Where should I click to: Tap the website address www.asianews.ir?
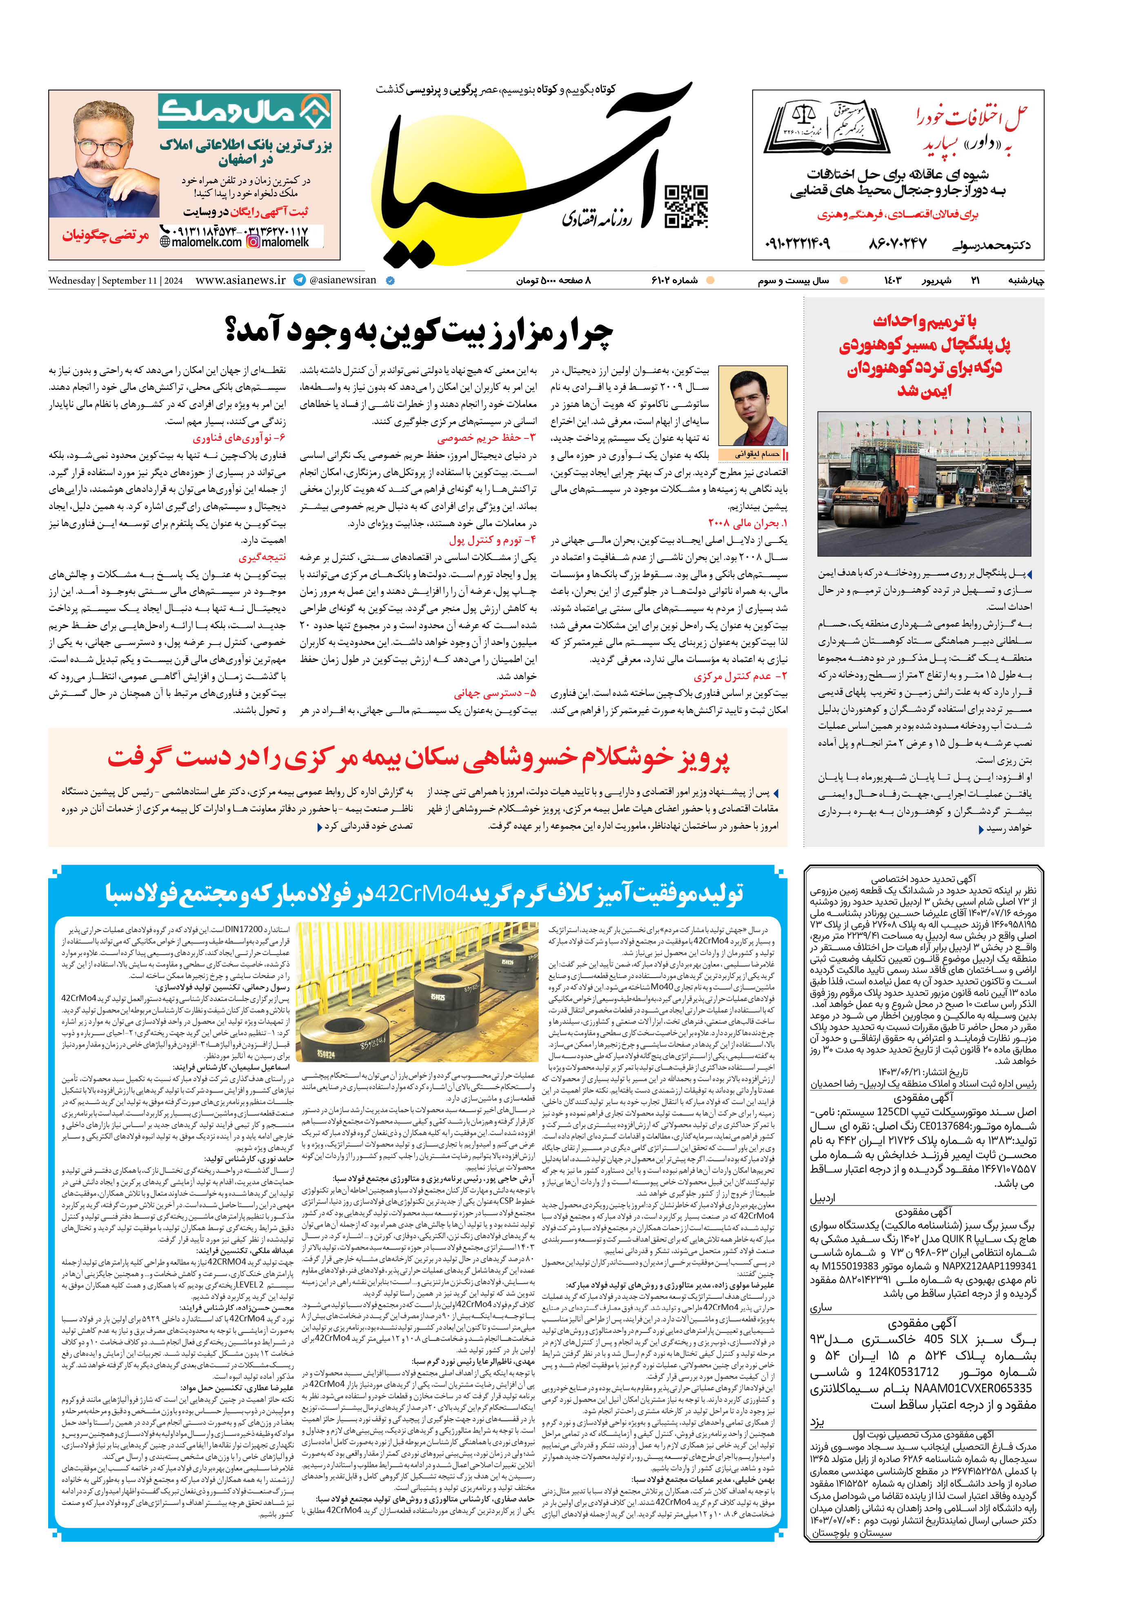point(240,280)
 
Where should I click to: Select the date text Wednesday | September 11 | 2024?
point(116,281)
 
